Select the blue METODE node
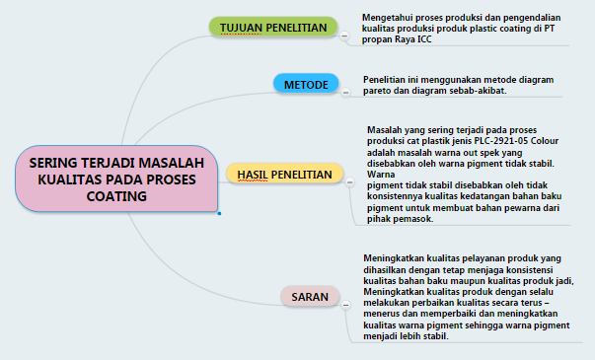(305, 85)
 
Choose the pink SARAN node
(309, 296)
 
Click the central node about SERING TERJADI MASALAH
(116, 179)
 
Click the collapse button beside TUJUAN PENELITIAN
(344, 35)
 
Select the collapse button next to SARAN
(344, 305)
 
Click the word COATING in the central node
(116, 196)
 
